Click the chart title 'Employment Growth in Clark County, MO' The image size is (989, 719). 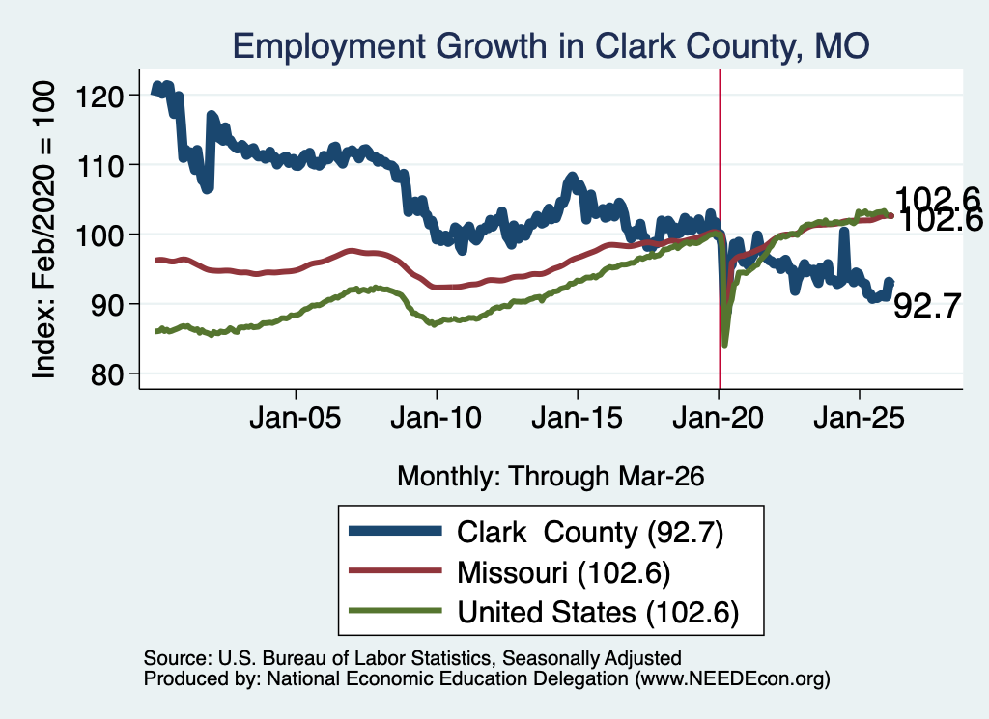551,46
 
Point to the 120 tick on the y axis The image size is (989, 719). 99,97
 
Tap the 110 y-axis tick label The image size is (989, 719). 99,166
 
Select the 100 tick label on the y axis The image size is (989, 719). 99,236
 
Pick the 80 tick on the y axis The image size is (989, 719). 107,375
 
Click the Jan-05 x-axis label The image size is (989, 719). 296,418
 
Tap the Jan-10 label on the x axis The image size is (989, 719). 436,418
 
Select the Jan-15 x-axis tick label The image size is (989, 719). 578,418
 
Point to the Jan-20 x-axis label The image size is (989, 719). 718,418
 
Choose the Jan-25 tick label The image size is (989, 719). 859,418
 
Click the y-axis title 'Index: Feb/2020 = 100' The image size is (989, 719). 43,230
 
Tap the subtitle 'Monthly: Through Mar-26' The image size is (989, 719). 551,477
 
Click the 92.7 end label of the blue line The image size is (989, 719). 927,306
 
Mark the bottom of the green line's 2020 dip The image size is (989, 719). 725,346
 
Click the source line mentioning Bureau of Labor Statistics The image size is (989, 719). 412,658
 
